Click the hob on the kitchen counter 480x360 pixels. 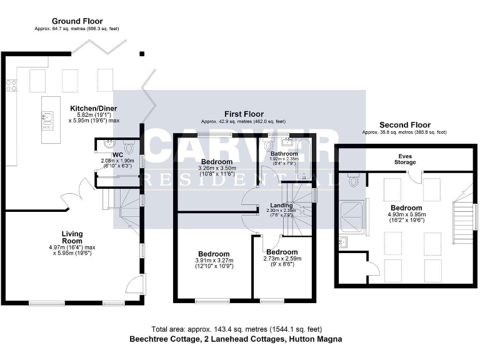pos(11,86)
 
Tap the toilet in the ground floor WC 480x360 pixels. pos(129,146)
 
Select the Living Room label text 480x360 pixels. pos(72,237)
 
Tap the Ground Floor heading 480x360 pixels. pos(77,21)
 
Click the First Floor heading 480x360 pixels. pos(242,113)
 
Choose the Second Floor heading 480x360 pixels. pos(404,125)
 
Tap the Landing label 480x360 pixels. pos(281,205)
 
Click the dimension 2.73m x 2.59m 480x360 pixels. pos(282,258)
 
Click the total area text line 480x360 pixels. pos(236,329)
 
